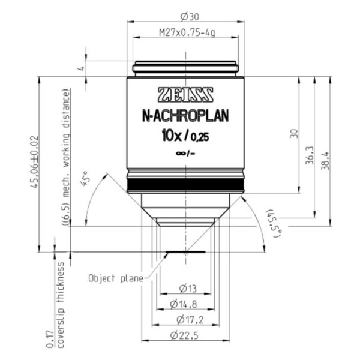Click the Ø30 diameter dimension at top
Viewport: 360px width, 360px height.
[x=190, y=17]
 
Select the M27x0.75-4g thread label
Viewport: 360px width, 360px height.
[x=187, y=33]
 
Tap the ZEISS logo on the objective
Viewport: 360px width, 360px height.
[x=185, y=95]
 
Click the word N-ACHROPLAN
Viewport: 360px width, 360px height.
[x=185, y=116]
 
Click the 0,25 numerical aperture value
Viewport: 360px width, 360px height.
[x=200, y=137]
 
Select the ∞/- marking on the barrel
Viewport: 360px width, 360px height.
[x=185, y=154]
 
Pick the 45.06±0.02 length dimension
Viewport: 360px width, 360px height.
[x=34, y=162]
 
